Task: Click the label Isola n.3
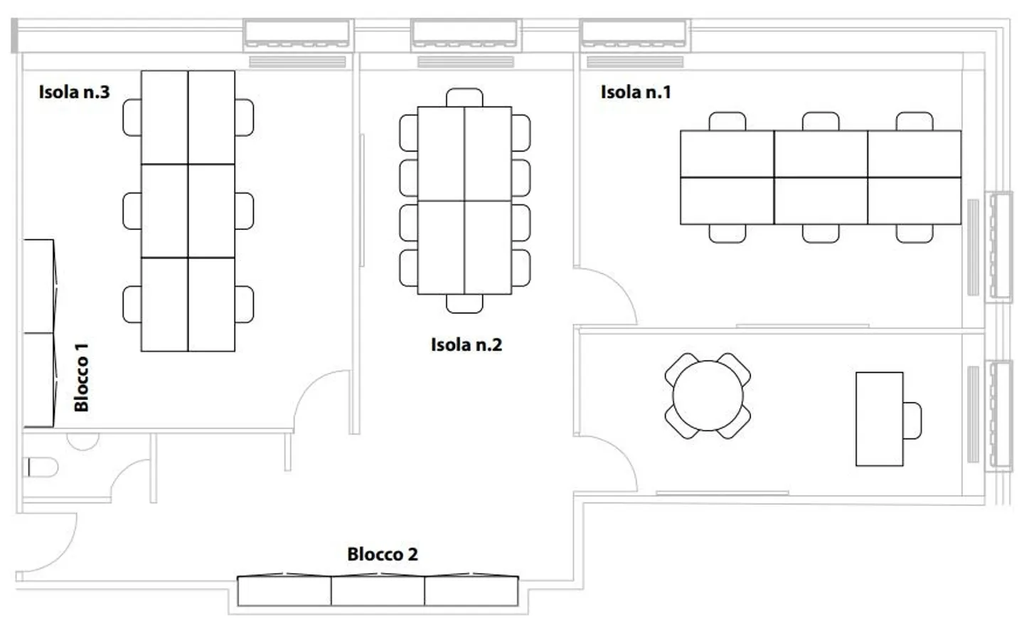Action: (74, 92)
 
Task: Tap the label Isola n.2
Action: (466, 345)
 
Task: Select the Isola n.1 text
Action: (635, 92)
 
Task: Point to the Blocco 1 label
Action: (82, 377)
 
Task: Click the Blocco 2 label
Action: (382, 554)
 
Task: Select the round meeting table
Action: (708, 396)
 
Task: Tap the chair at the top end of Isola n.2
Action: (464, 97)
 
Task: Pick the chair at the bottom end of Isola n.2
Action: (464, 304)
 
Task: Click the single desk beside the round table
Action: (879, 418)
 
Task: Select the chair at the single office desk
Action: (912, 420)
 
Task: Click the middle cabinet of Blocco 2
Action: (378, 591)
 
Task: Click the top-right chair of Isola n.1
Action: (914, 121)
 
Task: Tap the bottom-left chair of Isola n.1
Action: (727, 233)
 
